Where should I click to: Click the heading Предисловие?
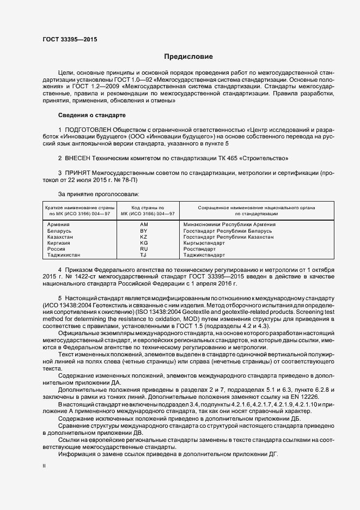pyautogui.click(x=188, y=57)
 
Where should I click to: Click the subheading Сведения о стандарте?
pyautogui.click(x=91, y=116)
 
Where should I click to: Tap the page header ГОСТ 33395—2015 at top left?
pyautogui.click(x=66, y=39)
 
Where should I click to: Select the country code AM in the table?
pyautogui.click(x=144, y=225)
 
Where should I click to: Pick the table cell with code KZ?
pyautogui.click(x=144, y=237)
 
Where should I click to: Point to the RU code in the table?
pyautogui.click(x=144, y=248)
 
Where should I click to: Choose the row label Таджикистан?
pyautogui.click(x=64, y=254)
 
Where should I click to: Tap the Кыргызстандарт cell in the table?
pyautogui.click(x=208, y=243)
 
